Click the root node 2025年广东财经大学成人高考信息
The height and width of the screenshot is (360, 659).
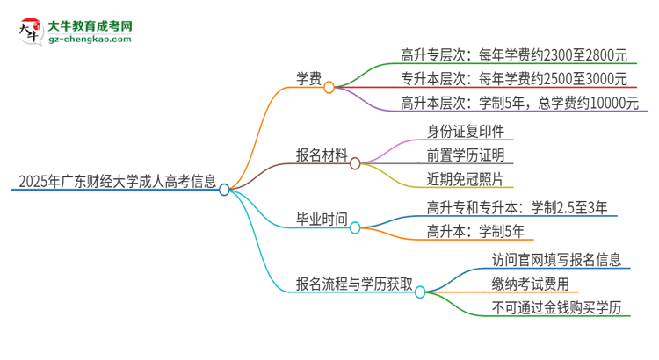coord(115,183)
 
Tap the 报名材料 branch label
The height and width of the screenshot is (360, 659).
coord(321,155)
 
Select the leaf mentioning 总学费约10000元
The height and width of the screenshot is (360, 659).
coord(518,104)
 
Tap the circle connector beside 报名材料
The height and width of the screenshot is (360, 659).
coord(355,163)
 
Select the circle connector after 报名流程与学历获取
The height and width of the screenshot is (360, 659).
coord(420,291)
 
